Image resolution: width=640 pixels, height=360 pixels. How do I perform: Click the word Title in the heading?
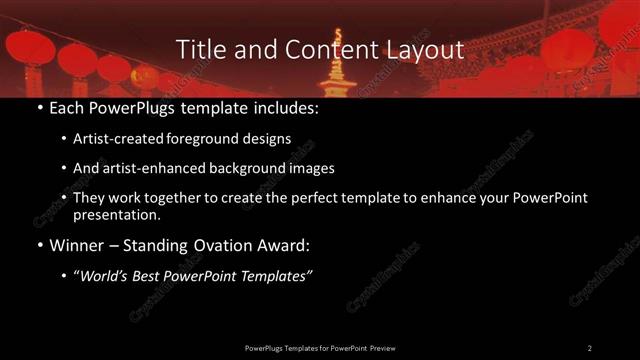pyautogui.click(x=198, y=50)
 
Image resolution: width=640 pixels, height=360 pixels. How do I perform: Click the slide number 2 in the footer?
pyautogui.click(x=589, y=347)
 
